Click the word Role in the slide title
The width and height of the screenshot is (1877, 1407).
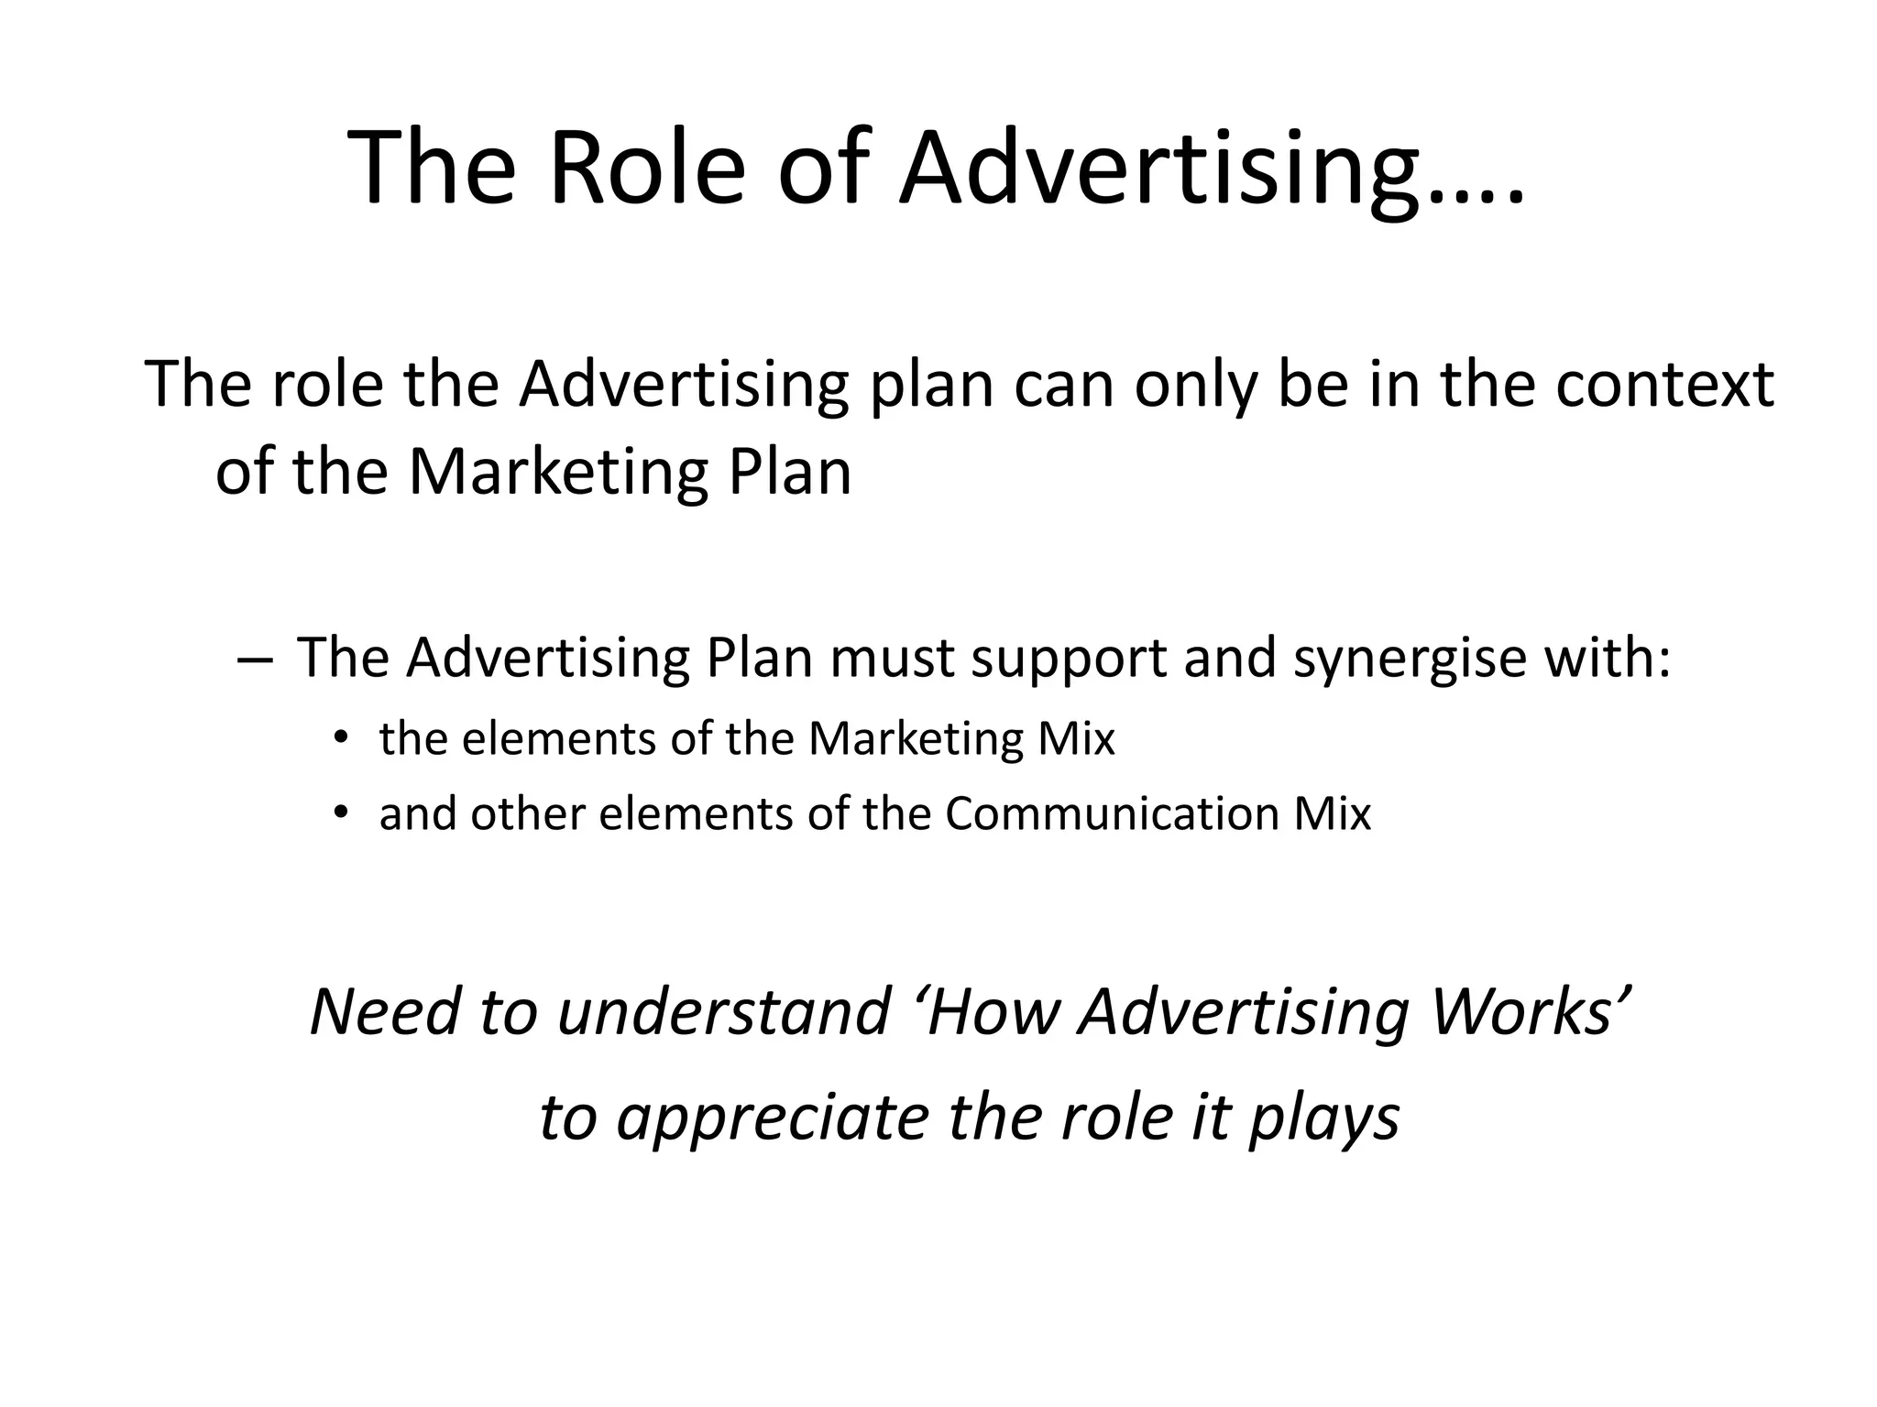coord(648,169)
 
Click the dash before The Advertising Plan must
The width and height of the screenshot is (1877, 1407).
coord(253,659)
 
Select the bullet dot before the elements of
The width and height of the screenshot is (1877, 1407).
coord(342,736)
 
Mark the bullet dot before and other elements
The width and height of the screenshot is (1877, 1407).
coord(342,812)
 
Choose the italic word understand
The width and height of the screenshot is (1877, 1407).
coord(724,1011)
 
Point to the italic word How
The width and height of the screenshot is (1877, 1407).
coord(993,1011)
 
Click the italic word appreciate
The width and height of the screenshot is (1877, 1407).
coord(773,1118)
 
